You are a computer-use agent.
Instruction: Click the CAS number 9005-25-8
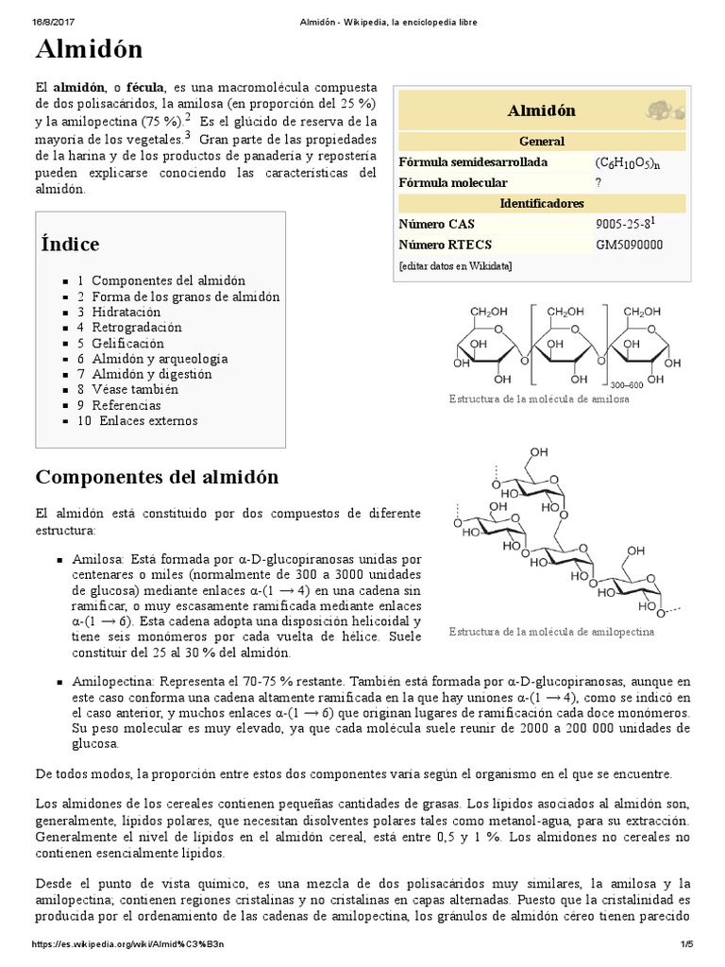coord(619,224)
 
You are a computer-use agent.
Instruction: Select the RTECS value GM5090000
coord(629,245)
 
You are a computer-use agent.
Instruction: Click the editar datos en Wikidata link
coord(456,265)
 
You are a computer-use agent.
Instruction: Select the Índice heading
coord(70,245)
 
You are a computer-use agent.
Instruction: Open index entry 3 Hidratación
coord(119,312)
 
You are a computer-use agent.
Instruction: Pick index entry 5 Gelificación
coord(121,343)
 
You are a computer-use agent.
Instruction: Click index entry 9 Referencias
coord(119,405)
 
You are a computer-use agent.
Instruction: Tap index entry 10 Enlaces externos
coord(138,420)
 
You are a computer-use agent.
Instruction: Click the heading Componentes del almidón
coord(157,477)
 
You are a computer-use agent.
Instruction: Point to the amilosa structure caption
coord(540,399)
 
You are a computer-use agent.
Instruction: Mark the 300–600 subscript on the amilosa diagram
coord(626,384)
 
